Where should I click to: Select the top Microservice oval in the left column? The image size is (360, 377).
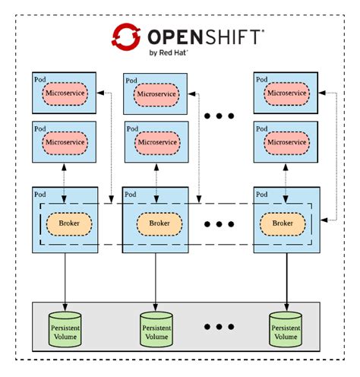click(x=67, y=93)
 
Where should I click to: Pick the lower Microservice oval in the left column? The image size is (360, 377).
click(x=67, y=141)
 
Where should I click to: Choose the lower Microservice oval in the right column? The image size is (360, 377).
click(x=286, y=141)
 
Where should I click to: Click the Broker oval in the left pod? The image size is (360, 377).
click(x=69, y=223)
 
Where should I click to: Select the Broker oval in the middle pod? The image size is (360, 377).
click(x=159, y=223)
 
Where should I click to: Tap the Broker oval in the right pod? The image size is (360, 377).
click(x=283, y=223)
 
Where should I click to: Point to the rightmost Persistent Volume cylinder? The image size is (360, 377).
click(x=286, y=326)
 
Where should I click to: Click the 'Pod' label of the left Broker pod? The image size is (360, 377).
click(x=39, y=195)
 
